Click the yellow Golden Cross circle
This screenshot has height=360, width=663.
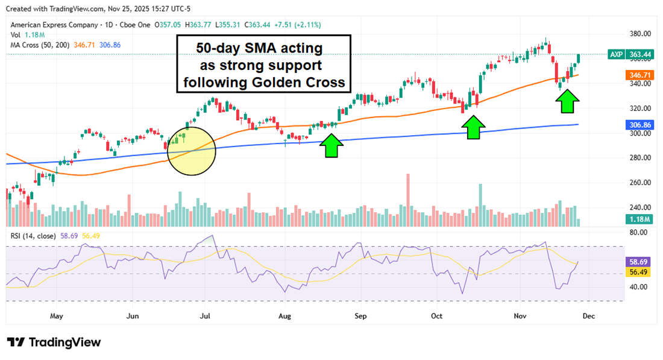190,150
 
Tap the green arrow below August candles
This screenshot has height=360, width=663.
331,147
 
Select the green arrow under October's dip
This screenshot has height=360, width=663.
474,127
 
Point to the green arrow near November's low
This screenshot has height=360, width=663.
567,101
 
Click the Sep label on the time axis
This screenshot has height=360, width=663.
360,315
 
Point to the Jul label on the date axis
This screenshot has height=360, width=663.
205,315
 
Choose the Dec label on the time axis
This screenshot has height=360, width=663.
589,315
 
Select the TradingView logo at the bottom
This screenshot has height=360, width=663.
54,342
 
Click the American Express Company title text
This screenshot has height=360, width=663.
54,25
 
